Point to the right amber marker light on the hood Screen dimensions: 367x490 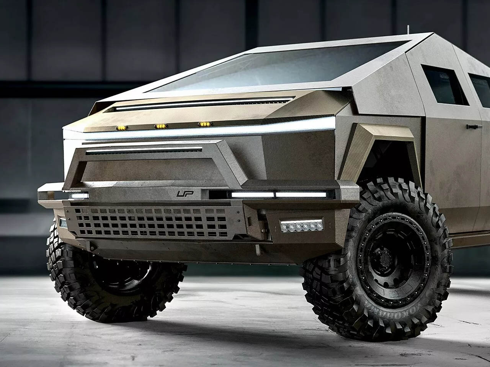pyautogui.click(x=204, y=124)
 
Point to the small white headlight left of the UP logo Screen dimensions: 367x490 pyautogui.click(x=78, y=195)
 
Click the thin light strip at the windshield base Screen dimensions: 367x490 pyautogui.click(x=199, y=104)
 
